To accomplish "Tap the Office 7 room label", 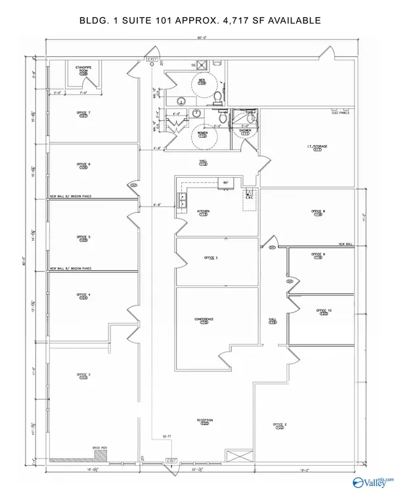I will [x=83, y=115].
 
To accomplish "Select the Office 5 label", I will [x=83, y=238].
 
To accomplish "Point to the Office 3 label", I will [x=83, y=376].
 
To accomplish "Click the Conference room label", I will [x=204, y=321].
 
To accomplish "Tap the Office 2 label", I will [x=280, y=426].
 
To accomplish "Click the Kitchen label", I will [x=203, y=213].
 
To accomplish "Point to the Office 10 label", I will [x=323, y=312].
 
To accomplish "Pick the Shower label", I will [x=245, y=132].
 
